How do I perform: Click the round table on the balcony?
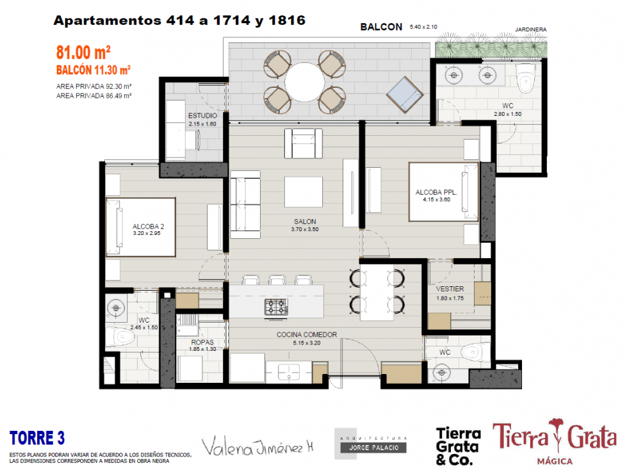tap(305, 82)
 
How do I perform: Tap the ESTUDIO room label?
tap(203, 115)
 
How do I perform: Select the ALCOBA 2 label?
tap(149, 226)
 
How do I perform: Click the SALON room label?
tap(305, 222)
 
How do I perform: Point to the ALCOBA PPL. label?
tap(436, 192)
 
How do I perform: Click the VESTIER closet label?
tap(450, 289)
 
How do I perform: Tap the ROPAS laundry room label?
tap(202, 342)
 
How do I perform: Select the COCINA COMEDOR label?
tap(307, 334)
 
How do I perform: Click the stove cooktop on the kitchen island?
tap(276, 307)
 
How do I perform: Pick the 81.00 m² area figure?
tap(83, 53)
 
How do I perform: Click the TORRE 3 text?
tap(37, 438)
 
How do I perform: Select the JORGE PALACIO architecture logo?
tap(371, 444)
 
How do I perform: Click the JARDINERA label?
tap(531, 29)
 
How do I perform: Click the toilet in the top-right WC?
tap(525, 79)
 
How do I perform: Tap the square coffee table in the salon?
tap(304, 192)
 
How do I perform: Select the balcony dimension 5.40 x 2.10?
tap(423, 27)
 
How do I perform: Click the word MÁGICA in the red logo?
tap(555, 461)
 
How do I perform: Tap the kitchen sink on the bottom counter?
tap(289, 371)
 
